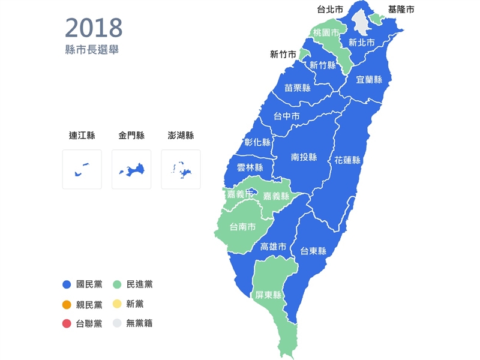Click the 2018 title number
pyautogui.click(x=94, y=28)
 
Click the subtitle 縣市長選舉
pyautogui.click(x=92, y=50)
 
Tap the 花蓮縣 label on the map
pyautogui.click(x=347, y=160)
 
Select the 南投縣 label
pyautogui.click(x=304, y=157)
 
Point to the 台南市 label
pyautogui.click(x=243, y=227)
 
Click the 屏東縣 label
pyautogui.click(x=268, y=295)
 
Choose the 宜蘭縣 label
pyautogui.click(x=368, y=79)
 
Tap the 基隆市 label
pyautogui.click(x=401, y=10)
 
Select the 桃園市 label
pyautogui.click(x=326, y=34)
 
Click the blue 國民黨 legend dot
pyautogui.click(x=67, y=284)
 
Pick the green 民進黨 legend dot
pyautogui.click(x=118, y=284)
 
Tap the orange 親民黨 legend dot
pyautogui.click(x=67, y=304)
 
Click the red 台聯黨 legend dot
pyautogui.click(x=67, y=324)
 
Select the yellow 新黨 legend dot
pyautogui.click(x=118, y=304)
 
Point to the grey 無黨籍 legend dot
pyautogui.click(x=118, y=324)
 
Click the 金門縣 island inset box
pyautogui.click(x=131, y=169)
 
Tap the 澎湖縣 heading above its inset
pyautogui.click(x=181, y=136)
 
